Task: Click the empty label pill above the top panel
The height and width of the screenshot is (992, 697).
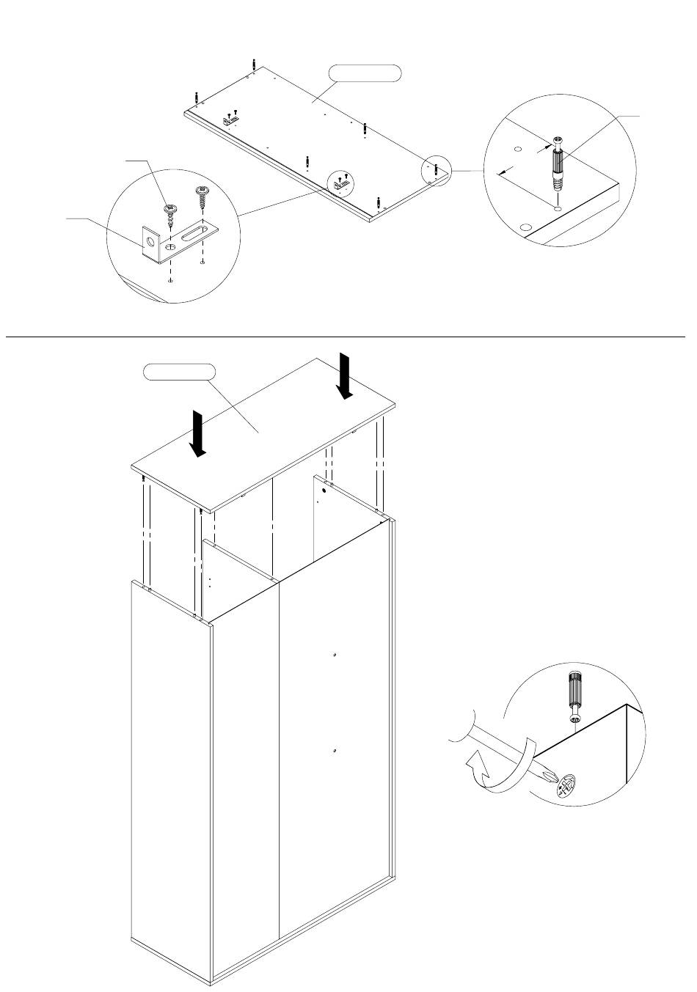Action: (365, 73)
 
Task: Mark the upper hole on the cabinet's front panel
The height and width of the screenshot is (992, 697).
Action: (334, 655)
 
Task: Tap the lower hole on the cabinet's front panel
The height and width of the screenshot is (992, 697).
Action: (334, 751)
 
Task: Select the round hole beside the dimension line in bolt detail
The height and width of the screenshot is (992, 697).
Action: (518, 150)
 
